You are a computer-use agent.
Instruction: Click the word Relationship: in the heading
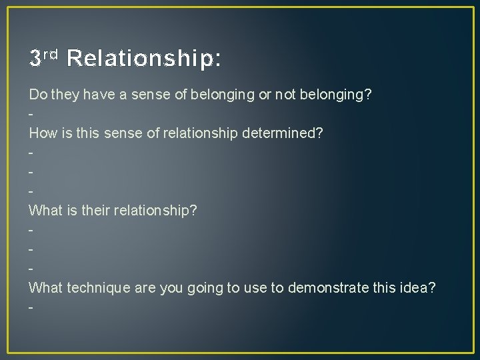(x=143, y=59)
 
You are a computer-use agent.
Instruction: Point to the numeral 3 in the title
(x=36, y=59)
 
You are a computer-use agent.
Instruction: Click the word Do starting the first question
(x=37, y=95)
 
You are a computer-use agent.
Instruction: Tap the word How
(x=42, y=133)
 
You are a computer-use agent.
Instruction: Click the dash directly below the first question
(x=31, y=114)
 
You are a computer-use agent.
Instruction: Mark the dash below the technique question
(x=31, y=307)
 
